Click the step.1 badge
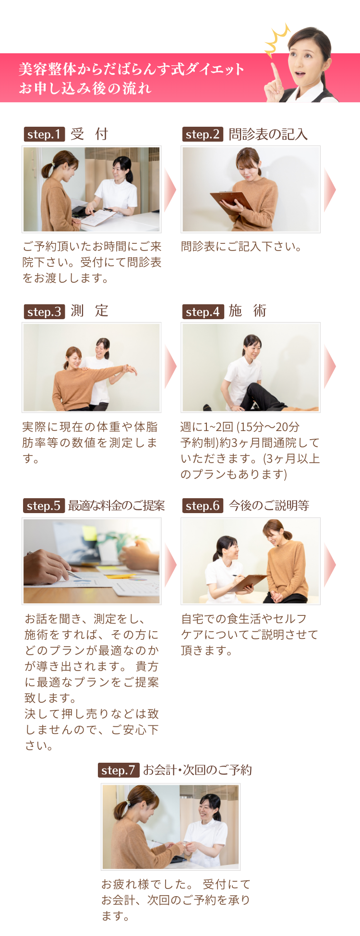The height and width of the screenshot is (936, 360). pyautogui.click(x=44, y=134)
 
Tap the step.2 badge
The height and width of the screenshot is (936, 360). pyautogui.click(x=203, y=134)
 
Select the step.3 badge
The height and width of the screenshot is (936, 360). pyautogui.click(x=44, y=312)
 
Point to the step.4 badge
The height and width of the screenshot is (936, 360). pyautogui.click(x=203, y=312)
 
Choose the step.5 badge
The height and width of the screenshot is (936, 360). pyautogui.click(x=44, y=506)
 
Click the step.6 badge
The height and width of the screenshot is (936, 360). pyautogui.click(x=203, y=506)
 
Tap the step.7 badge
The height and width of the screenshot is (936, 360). pyautogui.click(x=119, y=770)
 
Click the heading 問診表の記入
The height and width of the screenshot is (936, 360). pyautogui.click(x=268, y=134)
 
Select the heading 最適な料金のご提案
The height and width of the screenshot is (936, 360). pyautogui.click(x=116, y=506)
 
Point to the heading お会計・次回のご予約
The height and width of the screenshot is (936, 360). pyautogui.click(x=197, y=770)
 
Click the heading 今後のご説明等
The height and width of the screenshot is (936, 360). pyautogui.click(x=269, y=506)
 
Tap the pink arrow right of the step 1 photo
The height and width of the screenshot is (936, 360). pyautogui.click(x=170, y=190)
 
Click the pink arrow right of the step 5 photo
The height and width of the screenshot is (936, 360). pyautogui.click(x=170, y=565)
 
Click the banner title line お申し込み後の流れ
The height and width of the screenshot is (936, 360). pyautogui.click(x=85, y=88)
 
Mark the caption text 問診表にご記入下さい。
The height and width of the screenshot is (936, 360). pyautogui.click(x=241, y=247)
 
